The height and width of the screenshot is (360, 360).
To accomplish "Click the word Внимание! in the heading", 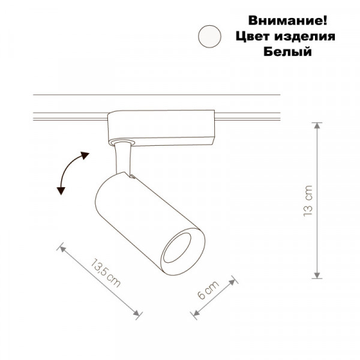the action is [x=287, y=20].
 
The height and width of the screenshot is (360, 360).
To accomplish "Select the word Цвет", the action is [x=253, y=36].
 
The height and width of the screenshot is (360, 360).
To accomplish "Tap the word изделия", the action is [x=305, y=37].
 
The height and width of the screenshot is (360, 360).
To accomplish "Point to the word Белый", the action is [x=287, y=51].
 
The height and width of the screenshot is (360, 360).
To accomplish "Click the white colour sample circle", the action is [x=209, y=36].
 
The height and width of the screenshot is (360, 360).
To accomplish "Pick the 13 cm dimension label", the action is [x=308, y=201].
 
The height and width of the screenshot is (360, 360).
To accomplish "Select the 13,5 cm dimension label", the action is [x=106, y=273].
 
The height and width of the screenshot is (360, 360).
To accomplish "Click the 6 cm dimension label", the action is [x=208, y=290].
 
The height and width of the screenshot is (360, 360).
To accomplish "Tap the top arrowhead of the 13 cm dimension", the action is [x=317, y=125].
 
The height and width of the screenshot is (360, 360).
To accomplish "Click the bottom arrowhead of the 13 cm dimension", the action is [x=317, y=275].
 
